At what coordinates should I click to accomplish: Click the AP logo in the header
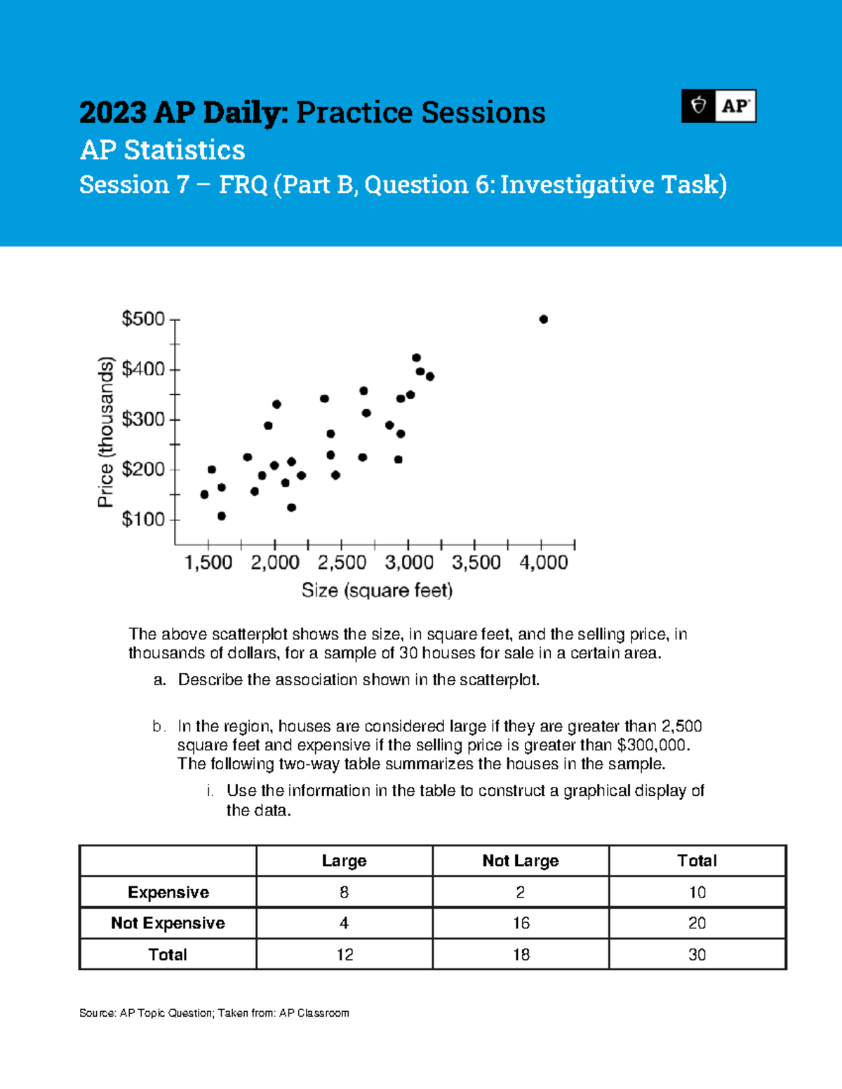click(719, 106)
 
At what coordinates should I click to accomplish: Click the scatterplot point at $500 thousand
click(543, 319)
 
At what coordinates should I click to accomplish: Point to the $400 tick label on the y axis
click(143, 370)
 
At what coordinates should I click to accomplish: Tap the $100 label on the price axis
click(143, 520)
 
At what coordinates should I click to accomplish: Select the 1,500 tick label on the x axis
click(208, 562)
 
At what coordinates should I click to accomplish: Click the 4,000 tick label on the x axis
click(543, 562)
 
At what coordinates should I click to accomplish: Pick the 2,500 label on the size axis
click(342, 562)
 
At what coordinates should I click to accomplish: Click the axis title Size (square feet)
click(377, 590)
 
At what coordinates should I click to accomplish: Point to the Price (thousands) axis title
click(105, 432)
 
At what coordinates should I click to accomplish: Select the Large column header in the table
click(344, 860)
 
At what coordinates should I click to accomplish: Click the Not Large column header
click(520, 860)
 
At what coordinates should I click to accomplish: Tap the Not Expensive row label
click(168, 923)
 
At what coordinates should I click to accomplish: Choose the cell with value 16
click(521, 923)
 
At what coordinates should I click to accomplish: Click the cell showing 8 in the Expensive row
click(344, 892)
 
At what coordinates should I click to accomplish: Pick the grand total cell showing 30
click(697, 954)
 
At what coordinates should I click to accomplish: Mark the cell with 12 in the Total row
click(344, 954)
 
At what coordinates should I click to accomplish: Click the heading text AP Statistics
click(162, 150)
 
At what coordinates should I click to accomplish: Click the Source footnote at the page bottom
click(214, 1013)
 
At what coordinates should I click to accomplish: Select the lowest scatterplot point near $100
click(222, 516)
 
